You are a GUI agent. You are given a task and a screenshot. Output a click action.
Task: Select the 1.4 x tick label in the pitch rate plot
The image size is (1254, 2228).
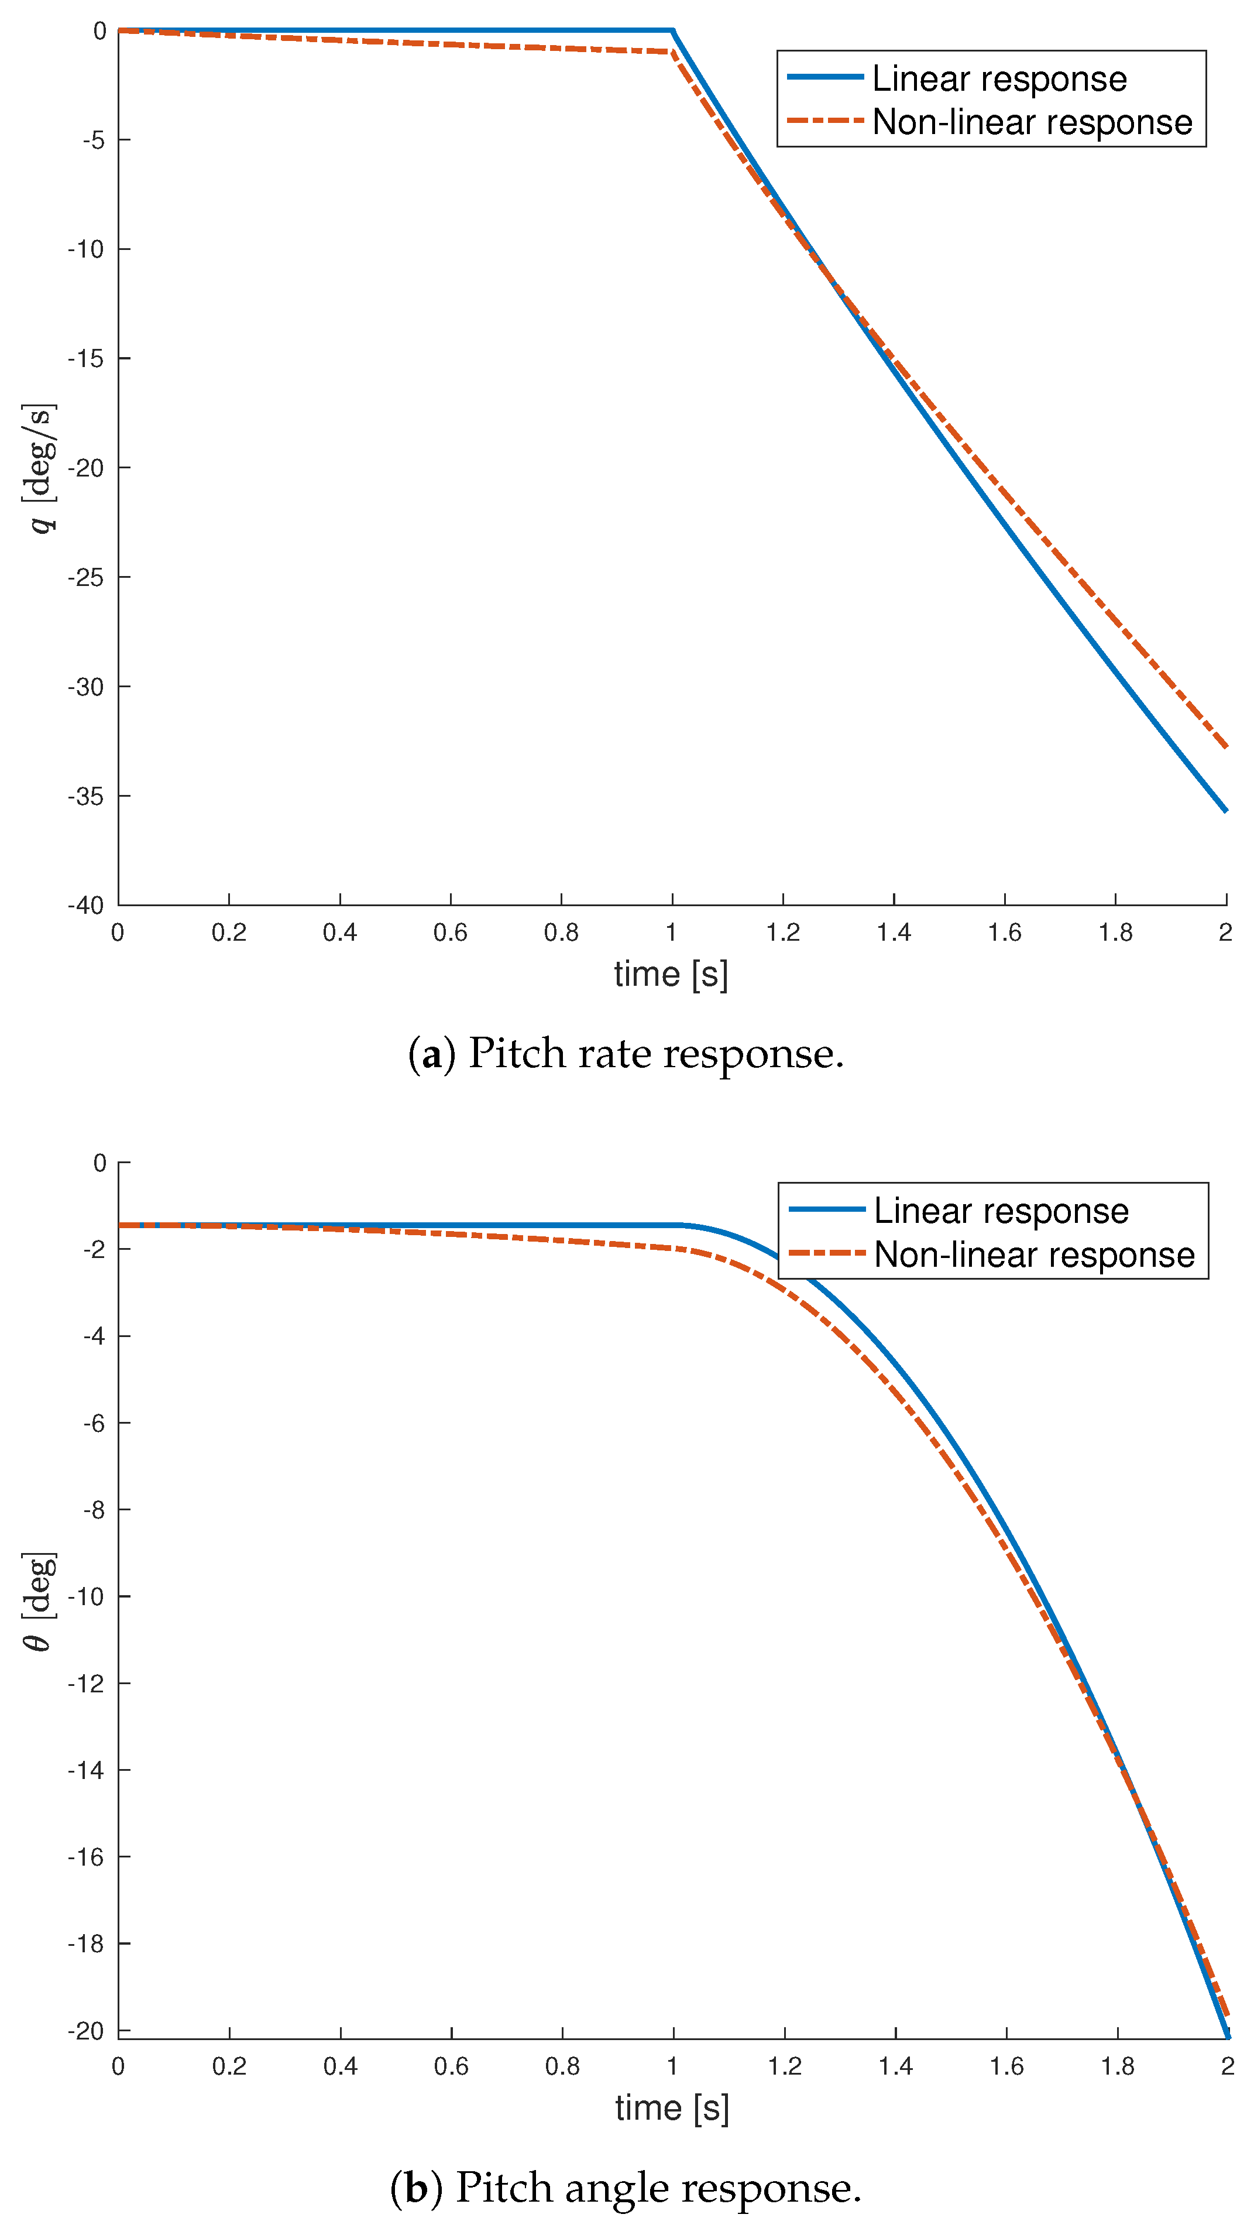(894, 933)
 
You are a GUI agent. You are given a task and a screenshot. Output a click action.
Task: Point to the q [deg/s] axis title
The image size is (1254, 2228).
(40, 468)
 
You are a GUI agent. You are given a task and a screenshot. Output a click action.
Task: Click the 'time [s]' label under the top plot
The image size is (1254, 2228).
(671, 975)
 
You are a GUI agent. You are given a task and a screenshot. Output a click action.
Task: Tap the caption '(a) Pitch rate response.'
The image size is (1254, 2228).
(626, 1054)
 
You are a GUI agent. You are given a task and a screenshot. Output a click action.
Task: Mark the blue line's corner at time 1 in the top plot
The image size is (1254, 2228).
(673, 31)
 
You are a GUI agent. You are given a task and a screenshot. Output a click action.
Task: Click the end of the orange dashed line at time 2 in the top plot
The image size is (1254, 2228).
(1225, 746)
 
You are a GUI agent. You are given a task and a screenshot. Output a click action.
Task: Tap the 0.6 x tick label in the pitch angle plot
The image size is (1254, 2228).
(451, 2066)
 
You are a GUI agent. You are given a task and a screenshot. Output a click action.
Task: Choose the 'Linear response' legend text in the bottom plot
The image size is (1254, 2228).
(1001, 1211)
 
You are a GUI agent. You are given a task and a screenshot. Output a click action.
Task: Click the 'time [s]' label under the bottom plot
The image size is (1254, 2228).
(672, 2108)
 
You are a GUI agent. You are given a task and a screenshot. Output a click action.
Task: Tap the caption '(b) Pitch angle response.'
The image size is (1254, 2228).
(626, 2188)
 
